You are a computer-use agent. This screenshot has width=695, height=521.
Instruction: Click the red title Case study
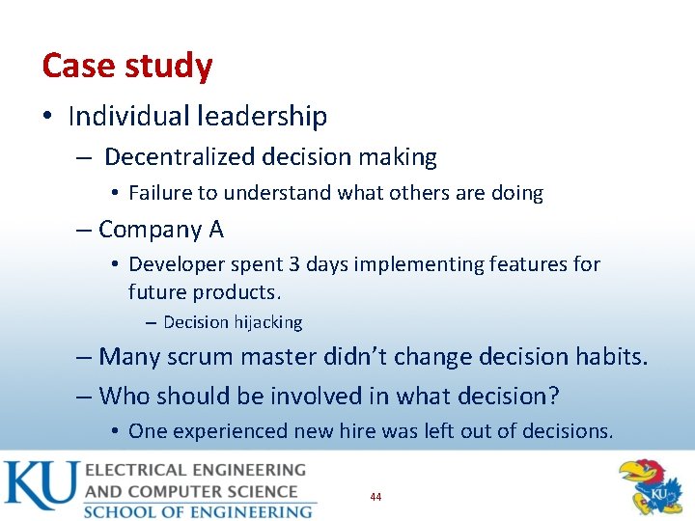(127, 67)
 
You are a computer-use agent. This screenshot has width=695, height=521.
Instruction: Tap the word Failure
(160, 193)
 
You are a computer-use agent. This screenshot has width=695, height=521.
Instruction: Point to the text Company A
(161, 230)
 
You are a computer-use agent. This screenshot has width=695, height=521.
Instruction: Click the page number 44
(375, 497)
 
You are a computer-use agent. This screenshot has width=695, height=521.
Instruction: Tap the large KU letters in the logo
(39, 487)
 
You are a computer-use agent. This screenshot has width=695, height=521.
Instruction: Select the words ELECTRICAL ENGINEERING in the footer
(194, 471)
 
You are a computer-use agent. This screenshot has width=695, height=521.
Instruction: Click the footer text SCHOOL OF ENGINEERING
(198, 510)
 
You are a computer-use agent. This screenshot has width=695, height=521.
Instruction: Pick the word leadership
(263, 117)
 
